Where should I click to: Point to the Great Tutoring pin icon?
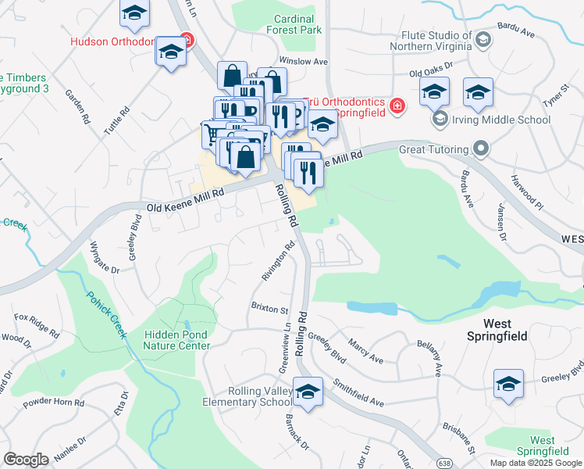pos(481,149)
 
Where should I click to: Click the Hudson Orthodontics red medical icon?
pos(186,39)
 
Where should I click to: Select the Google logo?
pos(26,460)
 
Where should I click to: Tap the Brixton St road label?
pos(269,308)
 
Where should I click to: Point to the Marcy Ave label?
pos(366,351)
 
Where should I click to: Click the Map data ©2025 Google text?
pos(536,462)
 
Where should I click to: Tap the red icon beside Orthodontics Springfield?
pos(397,106)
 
